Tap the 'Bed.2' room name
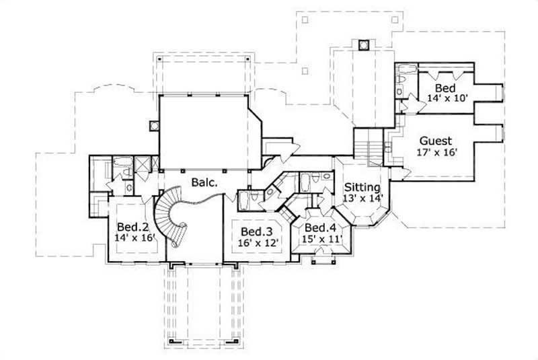click(131, 226)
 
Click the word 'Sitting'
click(362, 187)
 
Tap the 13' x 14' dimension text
click(363, 199)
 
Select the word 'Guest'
click(436, 141)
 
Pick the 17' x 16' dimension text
click(436, 153)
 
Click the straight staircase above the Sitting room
click(369, 144)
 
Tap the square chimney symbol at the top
click(364, 45)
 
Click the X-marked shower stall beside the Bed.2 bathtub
click(143, 165)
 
